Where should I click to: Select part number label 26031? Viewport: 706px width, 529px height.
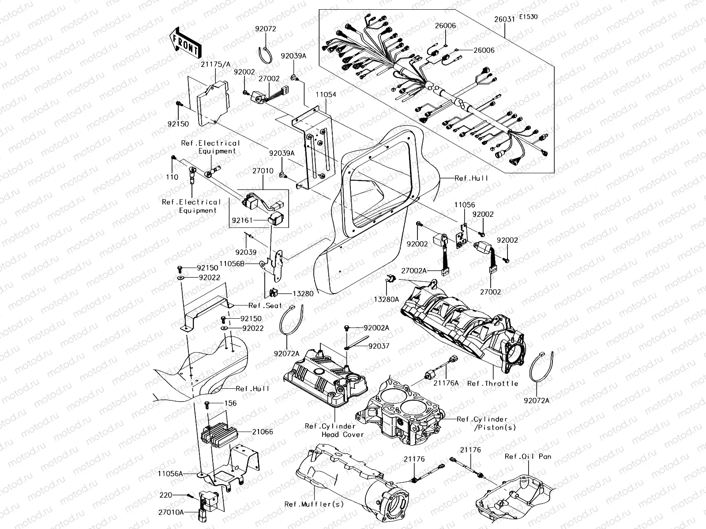point(505,19)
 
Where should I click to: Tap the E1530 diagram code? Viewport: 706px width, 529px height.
point(528,17)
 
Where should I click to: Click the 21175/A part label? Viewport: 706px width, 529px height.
point(216,64)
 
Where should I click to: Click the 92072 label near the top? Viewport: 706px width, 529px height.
point(266,29)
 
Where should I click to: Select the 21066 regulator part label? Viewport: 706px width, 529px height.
point(262,432)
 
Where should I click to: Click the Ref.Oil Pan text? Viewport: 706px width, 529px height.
point(528,457)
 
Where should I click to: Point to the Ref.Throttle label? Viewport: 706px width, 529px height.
point(492,384)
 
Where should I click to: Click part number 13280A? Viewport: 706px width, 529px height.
point(387,299)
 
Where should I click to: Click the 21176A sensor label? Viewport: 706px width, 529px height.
point(446,384)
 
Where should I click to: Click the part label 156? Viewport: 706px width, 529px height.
point(230,403)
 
